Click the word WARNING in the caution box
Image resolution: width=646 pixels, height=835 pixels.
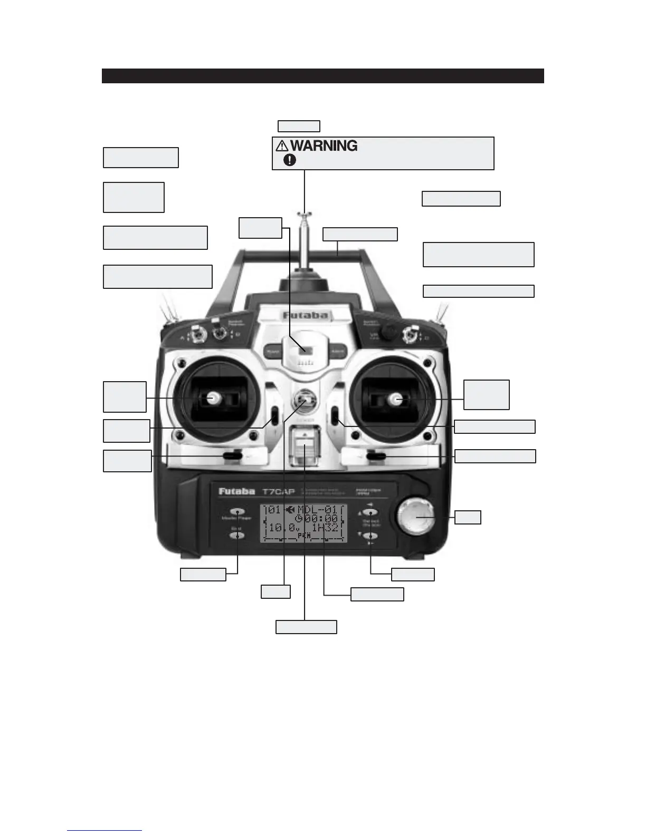tap(324, 145)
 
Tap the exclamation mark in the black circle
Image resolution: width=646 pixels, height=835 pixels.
tap(290, 160)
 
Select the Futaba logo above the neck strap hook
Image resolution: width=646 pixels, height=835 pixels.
tap(305, 316)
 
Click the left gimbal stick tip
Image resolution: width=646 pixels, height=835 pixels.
tap(214, 398)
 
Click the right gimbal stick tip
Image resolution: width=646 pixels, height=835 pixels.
tap(395, 400)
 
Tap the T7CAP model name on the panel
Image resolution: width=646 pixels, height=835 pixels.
tap(278, 492)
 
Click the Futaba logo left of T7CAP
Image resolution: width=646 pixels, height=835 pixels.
tap(236, 491)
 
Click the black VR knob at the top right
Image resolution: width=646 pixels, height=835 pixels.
tap(390, 331)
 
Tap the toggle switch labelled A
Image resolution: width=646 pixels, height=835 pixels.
tap(199, 333)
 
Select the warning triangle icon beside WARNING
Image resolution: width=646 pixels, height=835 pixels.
tap(282, 146)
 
